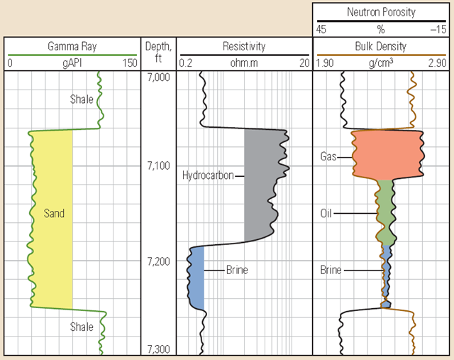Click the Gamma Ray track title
click(x=72, y=47)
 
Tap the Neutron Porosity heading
click(x=380, y=13)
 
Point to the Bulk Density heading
click(x=380, y=47)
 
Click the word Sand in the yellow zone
click(x=54, y=213)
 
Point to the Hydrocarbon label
click(x=208, y=175)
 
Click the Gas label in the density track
click(x=328, y=156)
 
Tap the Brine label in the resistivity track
click(x=237, y=271)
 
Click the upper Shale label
click(x=82, y=99)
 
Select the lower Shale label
click(x=82, y=327)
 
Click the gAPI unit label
click(x=72, y=63)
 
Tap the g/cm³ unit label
click(x=380, y=63)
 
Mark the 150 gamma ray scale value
click(x=129, y=63)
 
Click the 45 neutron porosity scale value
click(x=322, y=29)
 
